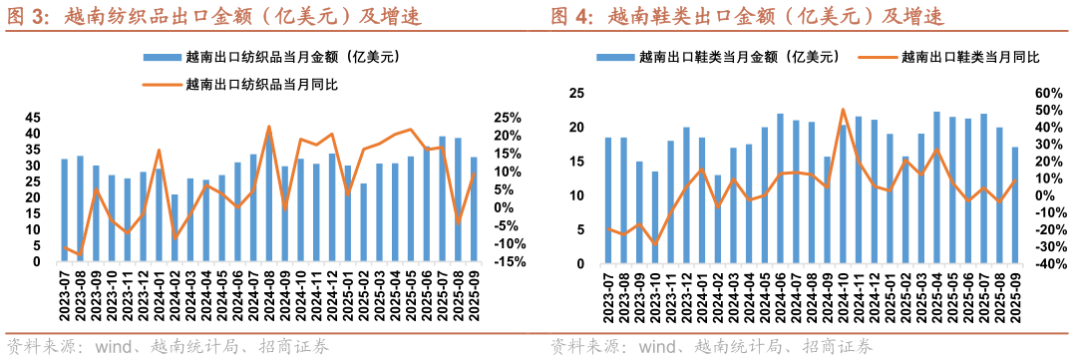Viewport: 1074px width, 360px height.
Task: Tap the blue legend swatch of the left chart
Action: point(163,58)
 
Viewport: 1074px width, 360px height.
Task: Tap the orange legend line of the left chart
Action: point(163,85)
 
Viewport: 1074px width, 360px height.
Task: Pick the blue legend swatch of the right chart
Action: point(615,58)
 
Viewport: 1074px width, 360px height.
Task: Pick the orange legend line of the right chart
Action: point(879,58)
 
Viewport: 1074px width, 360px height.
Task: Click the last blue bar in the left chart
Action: point(474,209)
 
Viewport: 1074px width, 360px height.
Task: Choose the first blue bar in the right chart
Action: point(608,199)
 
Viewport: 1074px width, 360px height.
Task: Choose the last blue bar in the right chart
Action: point(1015,204)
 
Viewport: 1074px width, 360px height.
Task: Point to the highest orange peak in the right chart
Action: point(843,110)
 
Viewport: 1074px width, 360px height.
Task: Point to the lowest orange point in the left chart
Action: point(80,255)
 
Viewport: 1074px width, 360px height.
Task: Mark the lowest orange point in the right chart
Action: point(655,243)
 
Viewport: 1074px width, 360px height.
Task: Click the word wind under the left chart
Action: point(112,347)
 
